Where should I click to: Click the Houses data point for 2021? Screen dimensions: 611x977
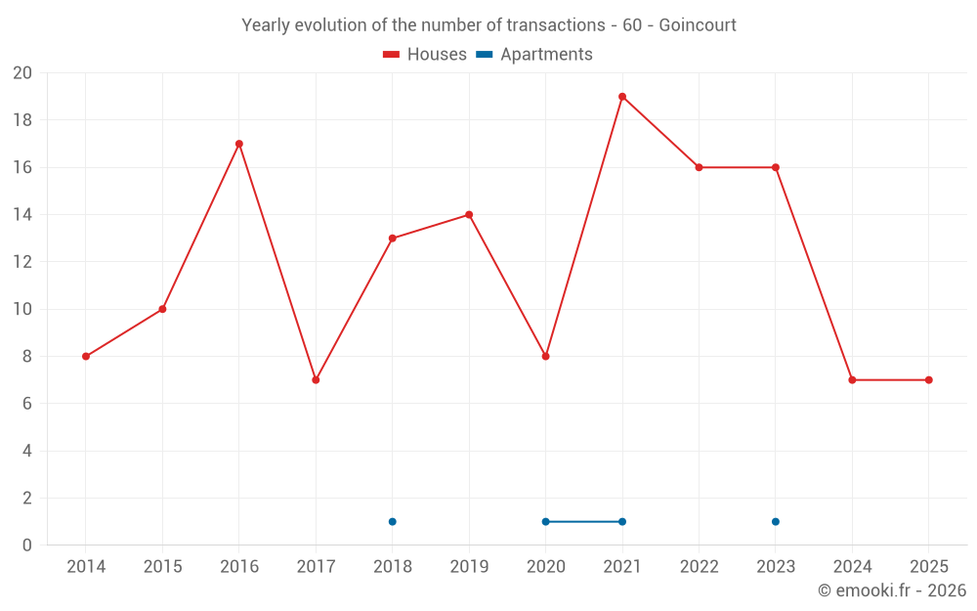point(622,97)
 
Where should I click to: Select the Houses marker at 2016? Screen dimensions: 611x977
point(239,144)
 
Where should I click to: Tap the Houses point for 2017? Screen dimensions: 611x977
point(316,379)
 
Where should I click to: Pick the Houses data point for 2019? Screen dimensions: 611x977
point(469,215)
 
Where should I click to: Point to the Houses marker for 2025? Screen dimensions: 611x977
point(928,379)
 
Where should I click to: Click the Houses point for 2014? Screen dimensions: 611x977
point(86,356)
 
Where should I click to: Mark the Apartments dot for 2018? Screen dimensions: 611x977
point(392,521)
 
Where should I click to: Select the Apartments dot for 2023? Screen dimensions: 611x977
point(775,521)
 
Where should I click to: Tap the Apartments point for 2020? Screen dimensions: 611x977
point(545,521)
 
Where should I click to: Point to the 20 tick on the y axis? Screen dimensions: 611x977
point(22,73)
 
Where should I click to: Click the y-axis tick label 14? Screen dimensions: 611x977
point(22,215)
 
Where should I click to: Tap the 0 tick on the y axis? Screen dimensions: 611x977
point(27,545)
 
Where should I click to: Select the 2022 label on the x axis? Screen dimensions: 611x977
point(699,567)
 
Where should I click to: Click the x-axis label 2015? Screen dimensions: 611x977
point(162,567)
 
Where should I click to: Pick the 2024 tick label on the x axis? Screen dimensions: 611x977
point(852,567)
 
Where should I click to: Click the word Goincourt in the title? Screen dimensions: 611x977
point(698,24)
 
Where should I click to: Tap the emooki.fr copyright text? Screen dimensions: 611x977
point(892,590)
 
